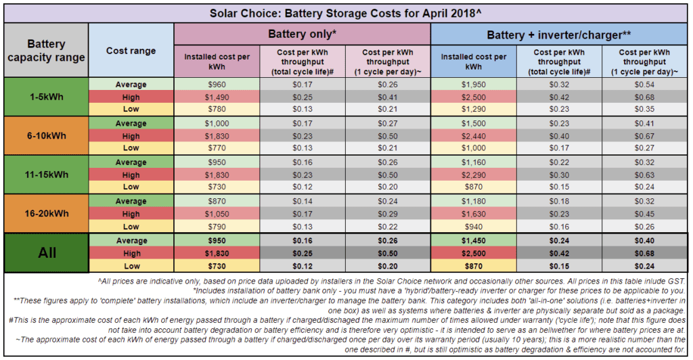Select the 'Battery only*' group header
tap(303, 32)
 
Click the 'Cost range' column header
tap(131, 51)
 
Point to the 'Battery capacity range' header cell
tap(46, 51)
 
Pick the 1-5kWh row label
tap(46, 97)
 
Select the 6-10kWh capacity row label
tap(46, 135)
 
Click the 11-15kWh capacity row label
tap(46, 175)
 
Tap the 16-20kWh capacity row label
tap(46, 213)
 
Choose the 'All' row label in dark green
tap(46, 252)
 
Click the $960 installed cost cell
tap(217, 85)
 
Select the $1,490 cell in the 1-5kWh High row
tap(217, 97)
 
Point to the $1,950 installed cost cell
tap(474, 85)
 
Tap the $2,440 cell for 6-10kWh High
tap(474, 136)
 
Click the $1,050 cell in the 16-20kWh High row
tap(217, 214)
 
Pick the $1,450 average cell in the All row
tap(474, 240)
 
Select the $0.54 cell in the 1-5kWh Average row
tap(646, 85)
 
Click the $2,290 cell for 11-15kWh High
tap(474, 175)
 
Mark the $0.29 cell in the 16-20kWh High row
tap(388, 214)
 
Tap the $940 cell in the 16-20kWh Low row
tap(474, 227)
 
